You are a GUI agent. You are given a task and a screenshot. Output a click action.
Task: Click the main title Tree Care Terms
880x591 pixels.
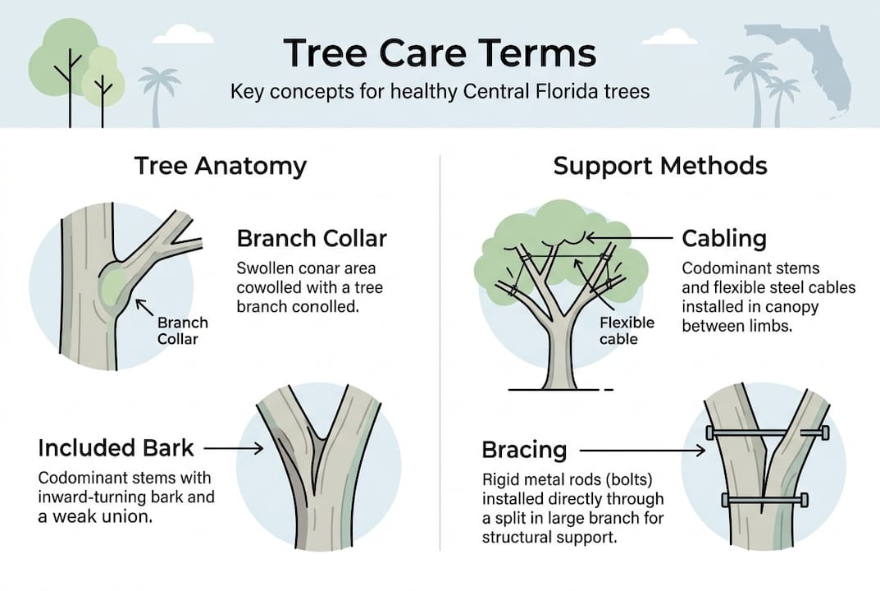pos(440,53)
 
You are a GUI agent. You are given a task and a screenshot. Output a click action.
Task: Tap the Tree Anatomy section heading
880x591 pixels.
pos(220,167)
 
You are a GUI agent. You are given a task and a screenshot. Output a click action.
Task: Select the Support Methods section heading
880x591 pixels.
pos(660,167)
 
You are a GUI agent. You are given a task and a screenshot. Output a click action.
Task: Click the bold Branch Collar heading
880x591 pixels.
pos(312,239)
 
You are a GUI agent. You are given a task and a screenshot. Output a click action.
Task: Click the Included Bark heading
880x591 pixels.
pos(116,448)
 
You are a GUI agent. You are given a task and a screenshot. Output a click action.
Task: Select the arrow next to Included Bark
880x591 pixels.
pos(233,448)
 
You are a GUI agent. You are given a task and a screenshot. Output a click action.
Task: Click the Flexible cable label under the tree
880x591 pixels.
pos(627,330)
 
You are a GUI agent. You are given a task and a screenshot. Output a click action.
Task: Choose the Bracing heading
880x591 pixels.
pos(524,451)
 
